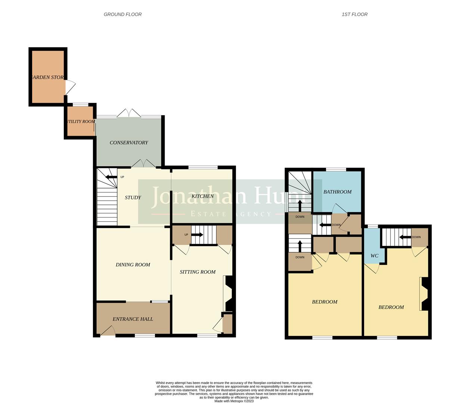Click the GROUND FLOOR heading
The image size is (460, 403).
pyautogui.click(x=122, y=15)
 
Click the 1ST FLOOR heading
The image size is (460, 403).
pyautogui.click(x=354, y=15)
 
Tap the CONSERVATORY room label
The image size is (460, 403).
pyautogui.click(x=129, y=143)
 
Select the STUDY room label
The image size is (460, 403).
pyautogui.click(x=133, y=198)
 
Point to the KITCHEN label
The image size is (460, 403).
pyautogui.click(x=202, y=196)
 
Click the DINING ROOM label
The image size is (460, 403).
pyautogui.click(x=133, y=265)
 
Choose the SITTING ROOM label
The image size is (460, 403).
pyautogui.click(x=198, y=272)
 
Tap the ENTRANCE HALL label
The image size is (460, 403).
pyautogui.click(x=133, y=319)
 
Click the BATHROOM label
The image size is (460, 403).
pyautogui.click(x=337, y=192)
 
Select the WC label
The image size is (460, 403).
pyautogui.click(x=374, y=256)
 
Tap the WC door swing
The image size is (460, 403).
pyautogui.click(x=374, y=268)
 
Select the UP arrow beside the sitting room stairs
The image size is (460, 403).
pyautogui.click(x=196, y=235)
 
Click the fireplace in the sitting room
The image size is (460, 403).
pyautogui.click(x=227, y=293)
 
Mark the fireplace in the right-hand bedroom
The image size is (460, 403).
pyautogui.click(x=424, y=294)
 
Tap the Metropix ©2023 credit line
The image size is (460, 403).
pyautogui.click(x=234, y=401)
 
